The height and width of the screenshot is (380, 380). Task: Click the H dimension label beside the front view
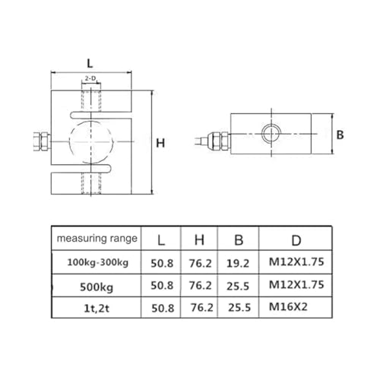[x=160, y=143]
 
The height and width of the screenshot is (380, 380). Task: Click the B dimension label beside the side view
[x=341, y=135]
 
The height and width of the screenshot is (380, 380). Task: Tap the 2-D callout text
[x=91, y=78]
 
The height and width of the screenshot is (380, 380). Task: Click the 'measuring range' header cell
[x=97, y=239]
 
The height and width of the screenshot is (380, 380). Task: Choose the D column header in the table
[x=297, y=240]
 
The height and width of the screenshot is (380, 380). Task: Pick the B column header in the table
[x=239, y=240]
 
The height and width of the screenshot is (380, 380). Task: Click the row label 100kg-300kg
[x=97, y=262]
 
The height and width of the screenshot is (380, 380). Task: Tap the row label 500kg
[x=97, y=287]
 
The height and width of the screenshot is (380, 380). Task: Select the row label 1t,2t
[x=97, y=309]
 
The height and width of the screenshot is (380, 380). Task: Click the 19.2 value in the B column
[x=239, y=263]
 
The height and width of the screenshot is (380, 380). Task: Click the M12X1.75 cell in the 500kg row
[x=297, y=287]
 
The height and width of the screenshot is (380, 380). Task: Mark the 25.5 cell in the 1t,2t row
[x=239, y=309]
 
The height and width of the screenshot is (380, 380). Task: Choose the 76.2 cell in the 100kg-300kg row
[x=199, y=263]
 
